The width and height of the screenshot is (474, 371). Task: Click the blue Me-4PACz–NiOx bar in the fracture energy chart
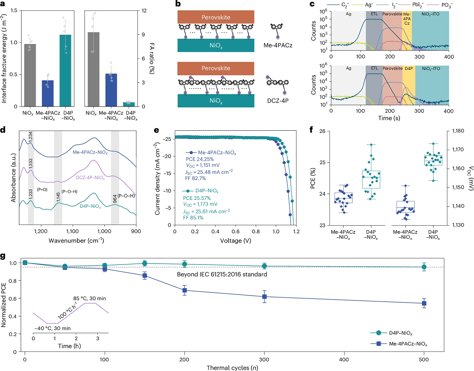(54, 93)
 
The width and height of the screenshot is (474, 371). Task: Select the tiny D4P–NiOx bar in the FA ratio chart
(129, 104)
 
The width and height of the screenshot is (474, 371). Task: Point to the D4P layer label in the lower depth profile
(409, 69)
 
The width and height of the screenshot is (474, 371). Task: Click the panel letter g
(4, 255)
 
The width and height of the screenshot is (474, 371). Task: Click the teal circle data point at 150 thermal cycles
(144, 263)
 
